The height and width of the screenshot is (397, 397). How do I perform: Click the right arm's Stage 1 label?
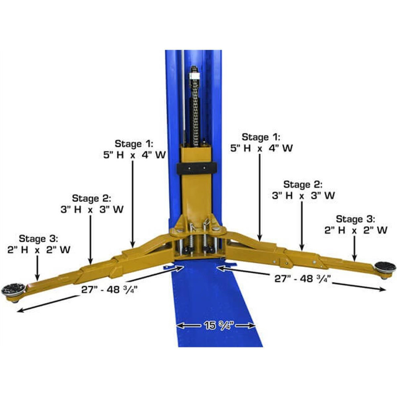[261, 143]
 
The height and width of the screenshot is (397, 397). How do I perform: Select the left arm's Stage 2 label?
[91, 204]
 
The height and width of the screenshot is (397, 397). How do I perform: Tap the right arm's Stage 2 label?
[303, 190]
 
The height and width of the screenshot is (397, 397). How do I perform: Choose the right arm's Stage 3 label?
[355, 224]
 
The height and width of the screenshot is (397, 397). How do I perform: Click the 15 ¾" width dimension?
[216, 325]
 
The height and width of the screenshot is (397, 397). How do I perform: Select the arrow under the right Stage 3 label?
[355, 246]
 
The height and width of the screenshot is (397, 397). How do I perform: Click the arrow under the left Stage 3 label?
[37, 266]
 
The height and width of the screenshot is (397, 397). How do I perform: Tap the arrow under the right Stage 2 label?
[302, 226]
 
